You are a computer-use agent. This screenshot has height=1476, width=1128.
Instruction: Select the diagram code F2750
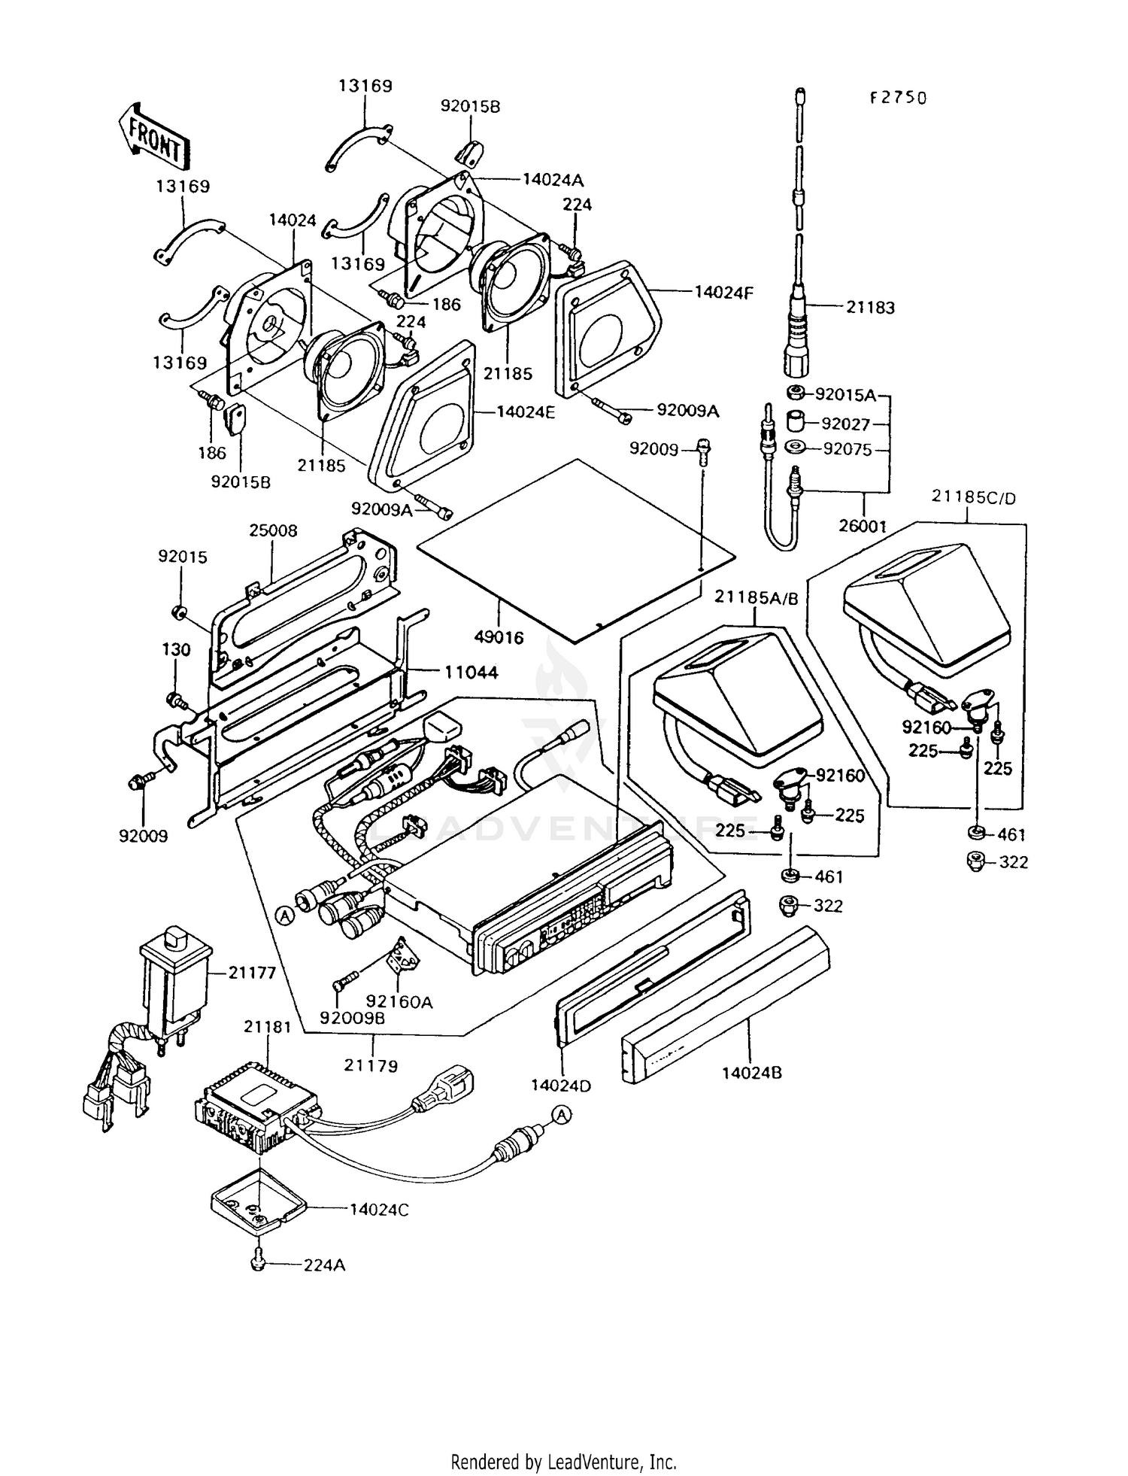pyautogui.click(x=898, y=98)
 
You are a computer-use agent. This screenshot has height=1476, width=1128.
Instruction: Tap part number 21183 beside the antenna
pyautogui.click(x=870, y=307)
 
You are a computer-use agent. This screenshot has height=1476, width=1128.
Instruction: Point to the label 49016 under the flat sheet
pyautogui.click(x=499, y=637)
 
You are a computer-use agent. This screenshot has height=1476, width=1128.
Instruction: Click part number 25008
pyautogui.click(x=273, y=530)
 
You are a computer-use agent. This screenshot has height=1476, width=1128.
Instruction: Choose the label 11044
pyautogui.click(x=471, y=672)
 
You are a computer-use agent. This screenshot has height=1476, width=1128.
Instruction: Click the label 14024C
pyautogui.click(x=379, y=1209)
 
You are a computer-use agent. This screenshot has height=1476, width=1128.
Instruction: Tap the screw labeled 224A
pyautogui.click(x=258, y=1265)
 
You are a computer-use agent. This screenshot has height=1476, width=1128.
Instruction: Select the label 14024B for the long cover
pyautogui.click(x=752, y=1072)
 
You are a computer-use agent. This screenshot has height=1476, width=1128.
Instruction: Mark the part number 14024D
pyautogui.click(x=560, y=1085)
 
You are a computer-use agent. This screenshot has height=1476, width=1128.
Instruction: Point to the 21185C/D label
pyautogui.click(x=973, y=497)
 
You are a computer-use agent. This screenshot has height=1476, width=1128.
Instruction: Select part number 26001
pyautogui.click(x=863, y=526)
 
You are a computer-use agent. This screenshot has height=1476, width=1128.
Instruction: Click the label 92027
pyautogui.click(x=845, y=424)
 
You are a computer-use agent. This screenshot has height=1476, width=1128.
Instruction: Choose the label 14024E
pyautogui.click(x=526, y=412)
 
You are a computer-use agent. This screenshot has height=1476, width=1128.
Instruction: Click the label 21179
pyautogui.click(x=371, y=1065)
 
